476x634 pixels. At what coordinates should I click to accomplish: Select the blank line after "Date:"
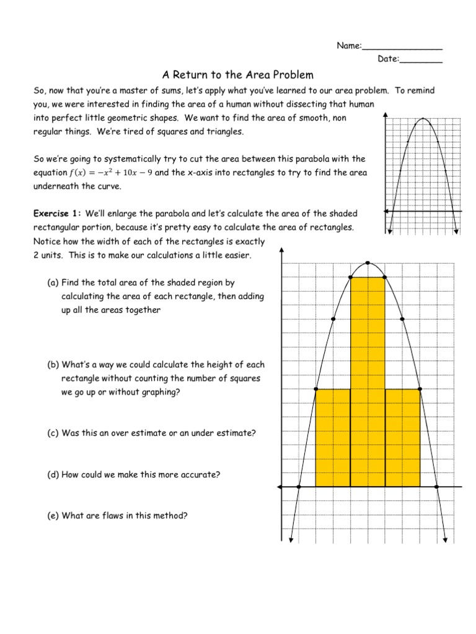coord(421,60)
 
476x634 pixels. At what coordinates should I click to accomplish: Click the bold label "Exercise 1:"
coord(58,214)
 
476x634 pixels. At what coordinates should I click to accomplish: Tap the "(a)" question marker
coord(53,283)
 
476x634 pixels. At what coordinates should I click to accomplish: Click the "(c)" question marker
coord(53,433)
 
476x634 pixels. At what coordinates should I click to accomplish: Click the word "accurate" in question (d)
coord(201,475)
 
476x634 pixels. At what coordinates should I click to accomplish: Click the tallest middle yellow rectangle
coord(368,381)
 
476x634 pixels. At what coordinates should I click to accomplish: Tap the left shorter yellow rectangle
coord(333,437)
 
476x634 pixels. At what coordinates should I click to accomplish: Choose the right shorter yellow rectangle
coord(402,437)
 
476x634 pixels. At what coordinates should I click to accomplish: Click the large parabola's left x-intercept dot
coord(299,487)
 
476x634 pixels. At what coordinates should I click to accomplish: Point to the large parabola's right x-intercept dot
coord(437,487)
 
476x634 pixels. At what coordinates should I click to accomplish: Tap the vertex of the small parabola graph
coord(423,118)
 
